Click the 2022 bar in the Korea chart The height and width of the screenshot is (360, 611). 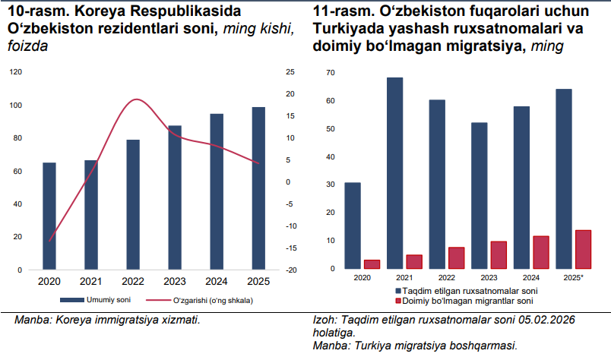(x=133, y=204)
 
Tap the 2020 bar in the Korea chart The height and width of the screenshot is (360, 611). (x=49, y=216)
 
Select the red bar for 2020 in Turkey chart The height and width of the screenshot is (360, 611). (x=372, y=264)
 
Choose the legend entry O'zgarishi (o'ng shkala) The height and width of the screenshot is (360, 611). (x=210, y=300)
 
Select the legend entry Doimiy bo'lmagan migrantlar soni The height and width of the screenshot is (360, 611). (x=464, y=301)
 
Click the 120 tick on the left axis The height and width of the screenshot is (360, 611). (x=15, y=72)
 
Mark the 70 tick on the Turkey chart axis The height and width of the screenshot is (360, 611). (x=330, y=73)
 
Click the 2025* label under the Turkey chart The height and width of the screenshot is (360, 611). (x=573, y=278)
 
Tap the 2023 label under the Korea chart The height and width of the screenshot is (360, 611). (x=175, y=282)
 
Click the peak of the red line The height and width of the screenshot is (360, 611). (x=136, y=99)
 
